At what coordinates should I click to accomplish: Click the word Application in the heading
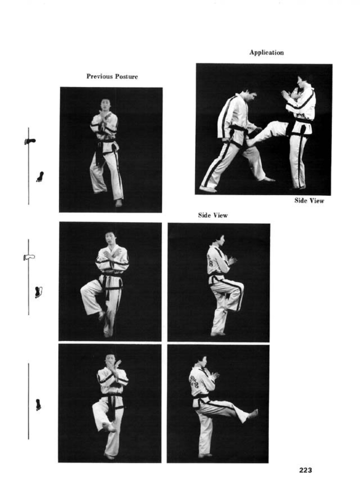point(266,53)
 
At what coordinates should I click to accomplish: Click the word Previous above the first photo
point(97,77)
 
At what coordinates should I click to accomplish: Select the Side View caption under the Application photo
point(309,201)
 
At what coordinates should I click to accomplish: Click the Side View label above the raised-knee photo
point(213,215)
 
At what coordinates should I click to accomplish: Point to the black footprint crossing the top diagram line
point(30,141)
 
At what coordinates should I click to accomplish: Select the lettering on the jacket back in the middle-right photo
point(210,262)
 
